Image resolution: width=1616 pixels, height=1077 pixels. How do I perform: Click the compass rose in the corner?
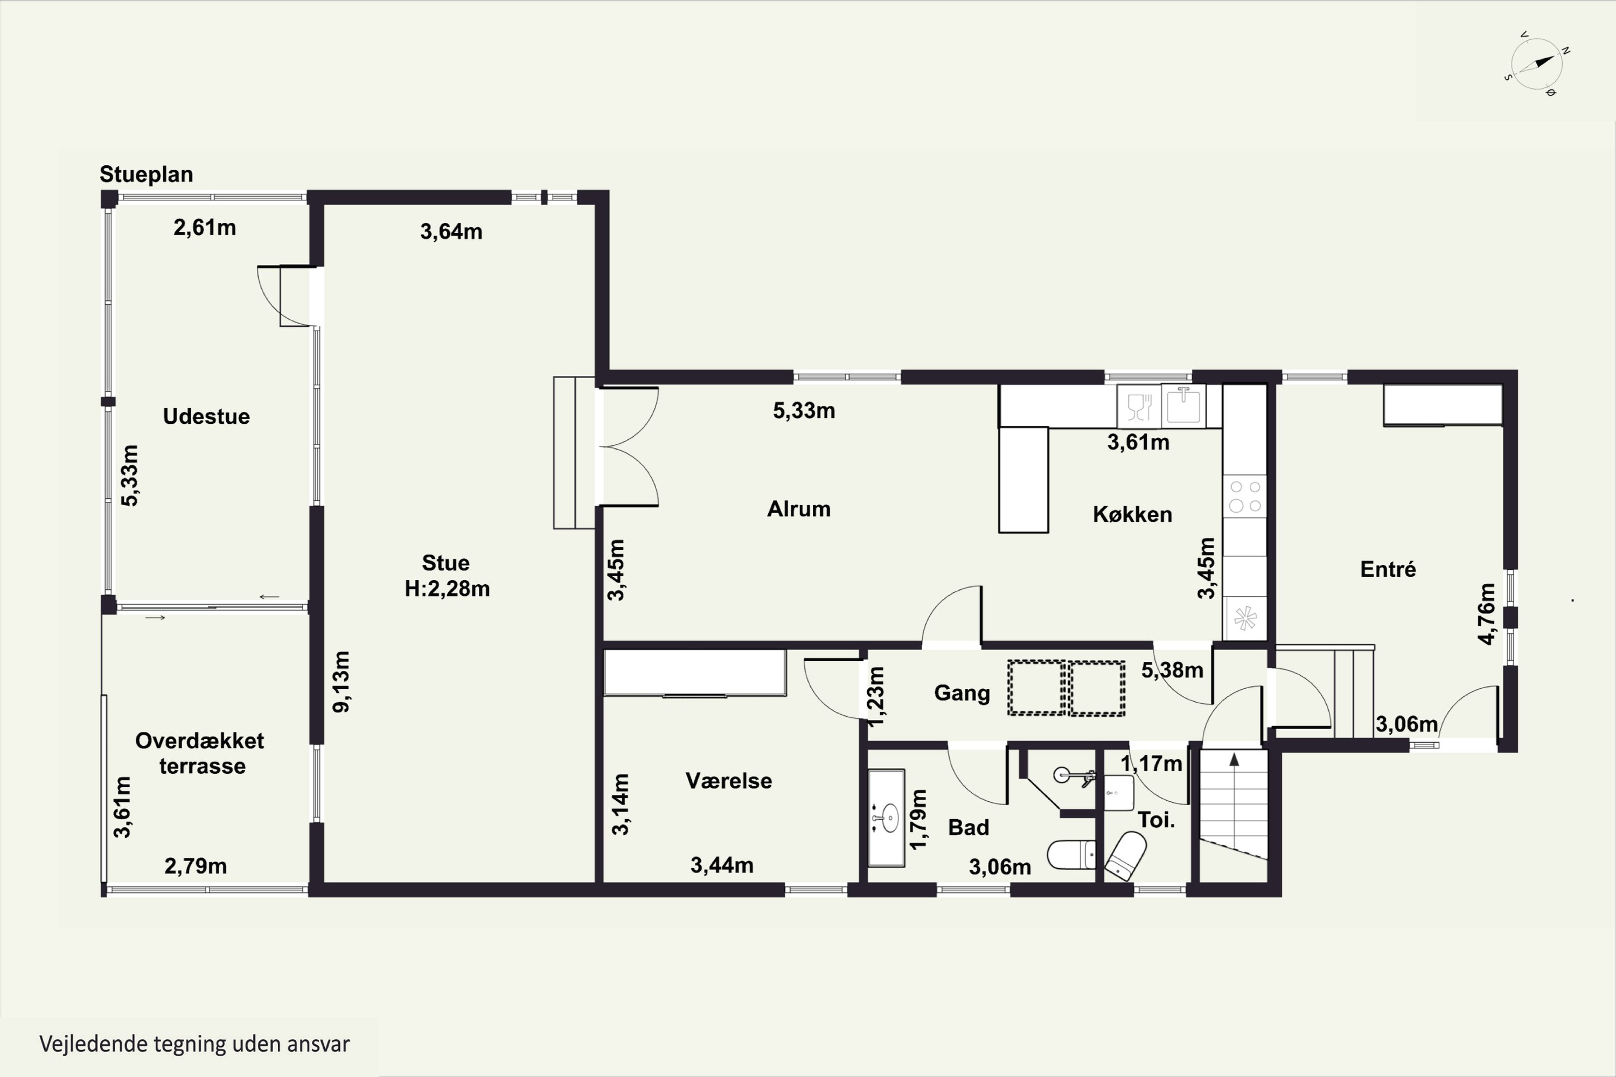(1537, 64)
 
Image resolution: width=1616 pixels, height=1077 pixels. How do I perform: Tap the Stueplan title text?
(147, 174)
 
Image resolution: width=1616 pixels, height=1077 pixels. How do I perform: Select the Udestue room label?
(206, 416)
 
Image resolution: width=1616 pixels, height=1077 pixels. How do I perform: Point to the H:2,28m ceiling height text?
(447, 589)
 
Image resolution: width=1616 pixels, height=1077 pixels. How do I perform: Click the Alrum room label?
(799, 509)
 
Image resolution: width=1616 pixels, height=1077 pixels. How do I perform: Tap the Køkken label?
(1132, 514)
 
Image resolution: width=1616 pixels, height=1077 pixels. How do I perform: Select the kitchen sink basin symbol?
(1183, 406)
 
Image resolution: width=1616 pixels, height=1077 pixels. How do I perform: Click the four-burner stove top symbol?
(1245, 497)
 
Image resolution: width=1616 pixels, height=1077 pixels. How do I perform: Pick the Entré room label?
(1388, 569)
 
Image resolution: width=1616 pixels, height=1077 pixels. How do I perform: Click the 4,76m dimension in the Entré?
(1486, 614)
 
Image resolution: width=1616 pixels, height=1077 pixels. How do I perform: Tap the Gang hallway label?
(962, 693)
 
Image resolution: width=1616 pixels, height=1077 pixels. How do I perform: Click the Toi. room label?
(1157, 820)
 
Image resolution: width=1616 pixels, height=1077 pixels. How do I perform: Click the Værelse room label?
(729, 781)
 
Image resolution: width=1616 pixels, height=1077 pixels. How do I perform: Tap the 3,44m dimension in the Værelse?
(722, 865)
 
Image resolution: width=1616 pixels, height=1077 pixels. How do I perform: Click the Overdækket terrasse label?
(200, 753)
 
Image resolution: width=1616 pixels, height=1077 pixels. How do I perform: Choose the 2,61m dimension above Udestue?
(205, 227)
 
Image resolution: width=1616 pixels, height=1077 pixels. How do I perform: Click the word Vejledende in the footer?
(93, 1045)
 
